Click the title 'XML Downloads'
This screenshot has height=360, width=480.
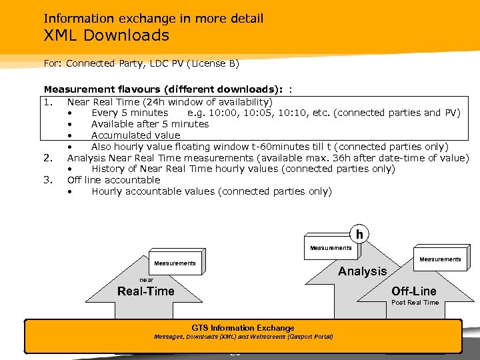point(106,35)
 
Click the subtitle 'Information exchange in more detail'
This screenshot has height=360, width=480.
point(153,19)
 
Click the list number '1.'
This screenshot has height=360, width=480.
point(48,101)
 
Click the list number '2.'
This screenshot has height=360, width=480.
point(48,157)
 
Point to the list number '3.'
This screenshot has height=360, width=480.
point(48,180)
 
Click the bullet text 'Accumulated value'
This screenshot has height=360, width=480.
point(135,135)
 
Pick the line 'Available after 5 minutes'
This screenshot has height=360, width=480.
point(150,124)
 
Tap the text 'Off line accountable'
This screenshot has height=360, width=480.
point(114,180)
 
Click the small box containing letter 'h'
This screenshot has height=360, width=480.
point(359,234)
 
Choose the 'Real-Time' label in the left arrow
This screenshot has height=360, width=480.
point(145,291)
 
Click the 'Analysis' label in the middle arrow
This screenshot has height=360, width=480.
point(362,271)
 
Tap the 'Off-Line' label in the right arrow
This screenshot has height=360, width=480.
point(413,291)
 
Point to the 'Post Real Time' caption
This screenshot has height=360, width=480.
point(415,303)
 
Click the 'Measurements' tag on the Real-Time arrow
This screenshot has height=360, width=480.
point(175,263)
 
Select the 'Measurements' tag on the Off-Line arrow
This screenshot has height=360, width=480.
point(440,259)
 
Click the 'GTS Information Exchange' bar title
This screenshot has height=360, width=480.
point(243,328)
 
